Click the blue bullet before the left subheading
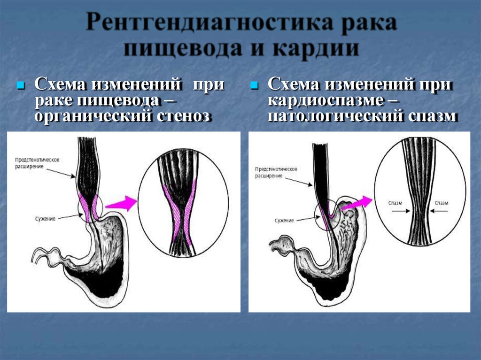pos(21,85)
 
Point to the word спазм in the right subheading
pos(433,116)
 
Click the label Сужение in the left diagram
pos(45,219)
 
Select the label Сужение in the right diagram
pos(284,221)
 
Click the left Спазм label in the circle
pos(395,203)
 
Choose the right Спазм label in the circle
pos(442,203)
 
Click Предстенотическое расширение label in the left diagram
pos(37,163)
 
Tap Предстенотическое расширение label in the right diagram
pos(276,172)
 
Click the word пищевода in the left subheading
pos(118,100)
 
